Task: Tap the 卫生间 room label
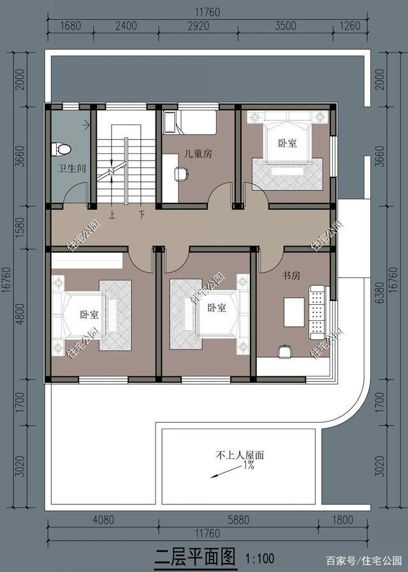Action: tap(72, 168)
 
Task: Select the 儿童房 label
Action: tap(198, 154)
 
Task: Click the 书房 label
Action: tap(291, 275)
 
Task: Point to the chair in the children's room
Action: tap(181, 173)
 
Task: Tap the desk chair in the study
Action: tap(285, 351)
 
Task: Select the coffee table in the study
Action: tap(294, 312)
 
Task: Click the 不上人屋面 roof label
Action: tap(240, 455)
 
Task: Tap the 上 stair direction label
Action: tap(112, 215)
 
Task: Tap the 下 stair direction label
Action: tap(142, 215)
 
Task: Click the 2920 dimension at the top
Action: tap(198, 26)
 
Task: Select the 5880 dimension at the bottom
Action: tap(238, 520)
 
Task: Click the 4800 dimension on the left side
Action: tap(21, 314)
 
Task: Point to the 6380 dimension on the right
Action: tap(380, 293)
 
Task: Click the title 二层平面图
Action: tap(195, 557)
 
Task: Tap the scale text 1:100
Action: tap(259, 558)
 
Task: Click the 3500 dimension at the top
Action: tap(286, 26)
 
